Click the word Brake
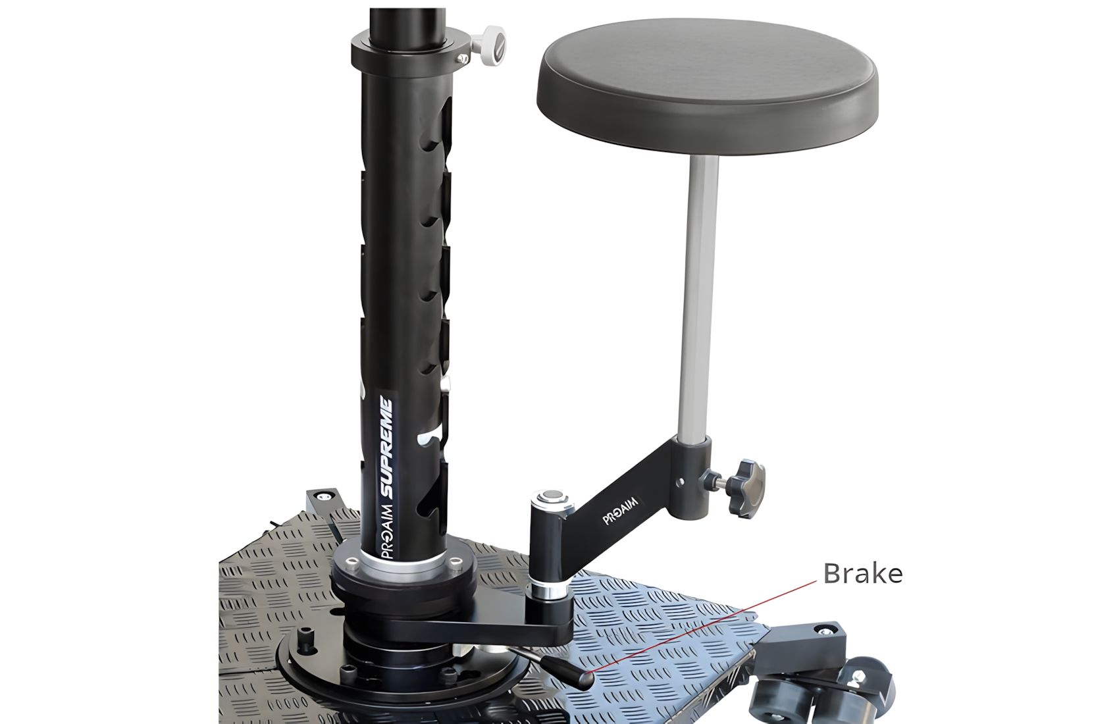point(863,573)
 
